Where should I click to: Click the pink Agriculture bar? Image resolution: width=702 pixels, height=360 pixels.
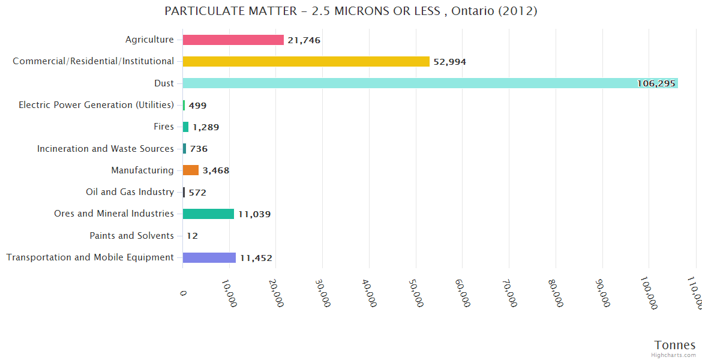click(x=233, y=40)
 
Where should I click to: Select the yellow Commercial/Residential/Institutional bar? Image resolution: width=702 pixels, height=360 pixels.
click(x=306, y=61)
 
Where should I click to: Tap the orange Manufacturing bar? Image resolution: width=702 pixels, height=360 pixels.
click(x=190, y=170)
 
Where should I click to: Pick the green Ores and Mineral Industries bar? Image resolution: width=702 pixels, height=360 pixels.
click(x=208, y=214)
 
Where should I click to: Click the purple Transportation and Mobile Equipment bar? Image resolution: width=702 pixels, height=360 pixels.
click(x=209, y=257)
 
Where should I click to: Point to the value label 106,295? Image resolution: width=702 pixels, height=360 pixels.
click(x=656, y=83)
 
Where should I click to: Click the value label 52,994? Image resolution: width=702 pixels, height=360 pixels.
click(x=449, y=62)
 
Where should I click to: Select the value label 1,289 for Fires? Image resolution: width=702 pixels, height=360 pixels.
click(x=206, y=127)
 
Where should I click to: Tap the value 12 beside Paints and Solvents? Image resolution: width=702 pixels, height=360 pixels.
click(x=192, y=236)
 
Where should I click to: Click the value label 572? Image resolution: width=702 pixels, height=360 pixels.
click(x=197, y=193)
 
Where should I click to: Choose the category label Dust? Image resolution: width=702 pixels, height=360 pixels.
click(x=164, y=83)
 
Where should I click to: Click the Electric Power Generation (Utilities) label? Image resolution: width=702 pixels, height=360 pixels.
click(x=96, y=105)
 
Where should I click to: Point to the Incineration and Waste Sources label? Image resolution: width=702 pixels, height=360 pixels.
click(x=106, y=149)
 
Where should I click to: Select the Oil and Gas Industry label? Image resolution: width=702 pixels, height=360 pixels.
click(x=130, y=192)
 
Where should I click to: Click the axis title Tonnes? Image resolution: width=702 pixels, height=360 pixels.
click(x=674, y=345)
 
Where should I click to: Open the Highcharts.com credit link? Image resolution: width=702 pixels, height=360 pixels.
click(x=674, y=355)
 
